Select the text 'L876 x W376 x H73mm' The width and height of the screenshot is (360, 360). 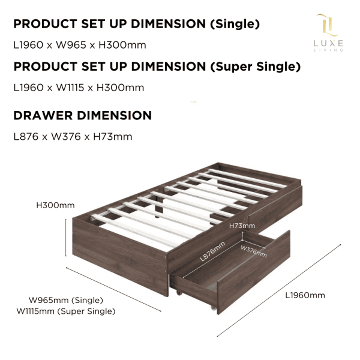[x=73, y=137]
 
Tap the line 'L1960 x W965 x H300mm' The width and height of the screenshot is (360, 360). [x=79, y=45]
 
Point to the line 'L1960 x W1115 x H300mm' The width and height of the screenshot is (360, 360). [x=79, y=88]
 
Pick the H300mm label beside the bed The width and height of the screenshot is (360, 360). [x=52, y=205]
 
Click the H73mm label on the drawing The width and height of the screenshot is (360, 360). [x=242, y=226]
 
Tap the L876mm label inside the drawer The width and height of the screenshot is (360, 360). [x=211, y=253]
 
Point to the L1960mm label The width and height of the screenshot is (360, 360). [x=305, y=295]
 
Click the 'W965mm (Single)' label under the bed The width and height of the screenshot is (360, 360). [x=66, y=300]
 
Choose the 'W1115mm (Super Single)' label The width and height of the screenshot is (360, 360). [x=66, y=311]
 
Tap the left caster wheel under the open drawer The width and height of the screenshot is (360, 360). [x=178, y=292]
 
